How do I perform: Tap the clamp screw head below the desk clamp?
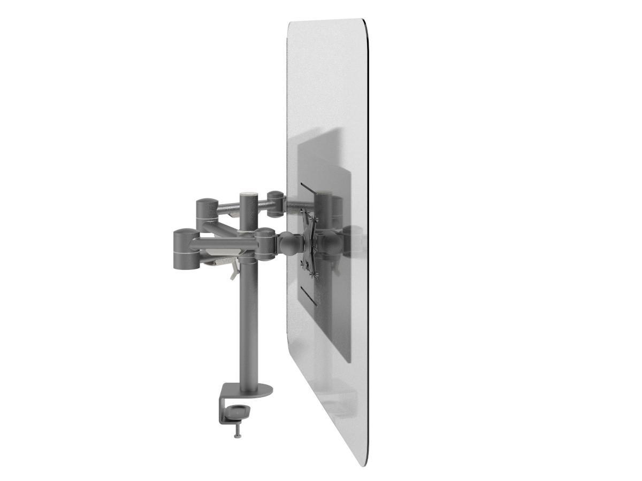[x=235, y=436]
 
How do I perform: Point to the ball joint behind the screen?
[x=289, y=245]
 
